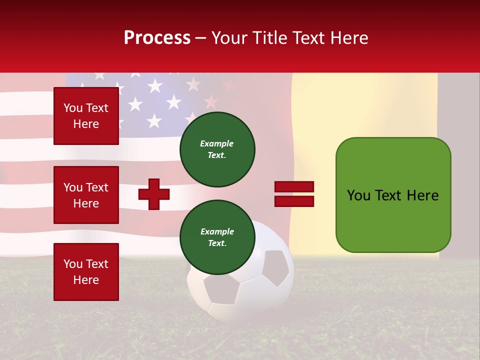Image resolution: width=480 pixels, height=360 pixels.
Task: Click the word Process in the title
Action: click(157, 38)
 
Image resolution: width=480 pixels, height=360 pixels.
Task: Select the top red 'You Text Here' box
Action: click(86, 116)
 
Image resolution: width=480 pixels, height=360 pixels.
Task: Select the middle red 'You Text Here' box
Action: click(86, 195)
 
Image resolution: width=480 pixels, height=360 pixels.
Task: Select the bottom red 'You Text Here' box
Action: click(86, 271)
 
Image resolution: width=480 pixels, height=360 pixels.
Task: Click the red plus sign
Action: click(154, 194)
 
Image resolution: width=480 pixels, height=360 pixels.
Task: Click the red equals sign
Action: click(294, 194)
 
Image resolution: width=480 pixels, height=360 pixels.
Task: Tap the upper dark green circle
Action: click(217, 149)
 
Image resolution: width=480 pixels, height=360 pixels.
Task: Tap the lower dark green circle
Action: click(217, 237)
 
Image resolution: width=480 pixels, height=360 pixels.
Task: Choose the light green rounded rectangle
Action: click(393, 195)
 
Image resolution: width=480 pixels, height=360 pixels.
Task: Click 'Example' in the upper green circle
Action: click(217, 143)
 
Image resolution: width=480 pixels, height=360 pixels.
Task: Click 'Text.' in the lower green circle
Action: click(217, 243)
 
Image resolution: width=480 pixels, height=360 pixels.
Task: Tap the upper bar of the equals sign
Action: click(294, 187)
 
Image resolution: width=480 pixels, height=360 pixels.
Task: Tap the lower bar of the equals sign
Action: click(294, 201)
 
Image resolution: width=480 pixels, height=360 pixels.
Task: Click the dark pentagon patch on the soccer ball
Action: click(275, 267)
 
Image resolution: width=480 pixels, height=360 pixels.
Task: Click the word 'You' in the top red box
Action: click(73, 108)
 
